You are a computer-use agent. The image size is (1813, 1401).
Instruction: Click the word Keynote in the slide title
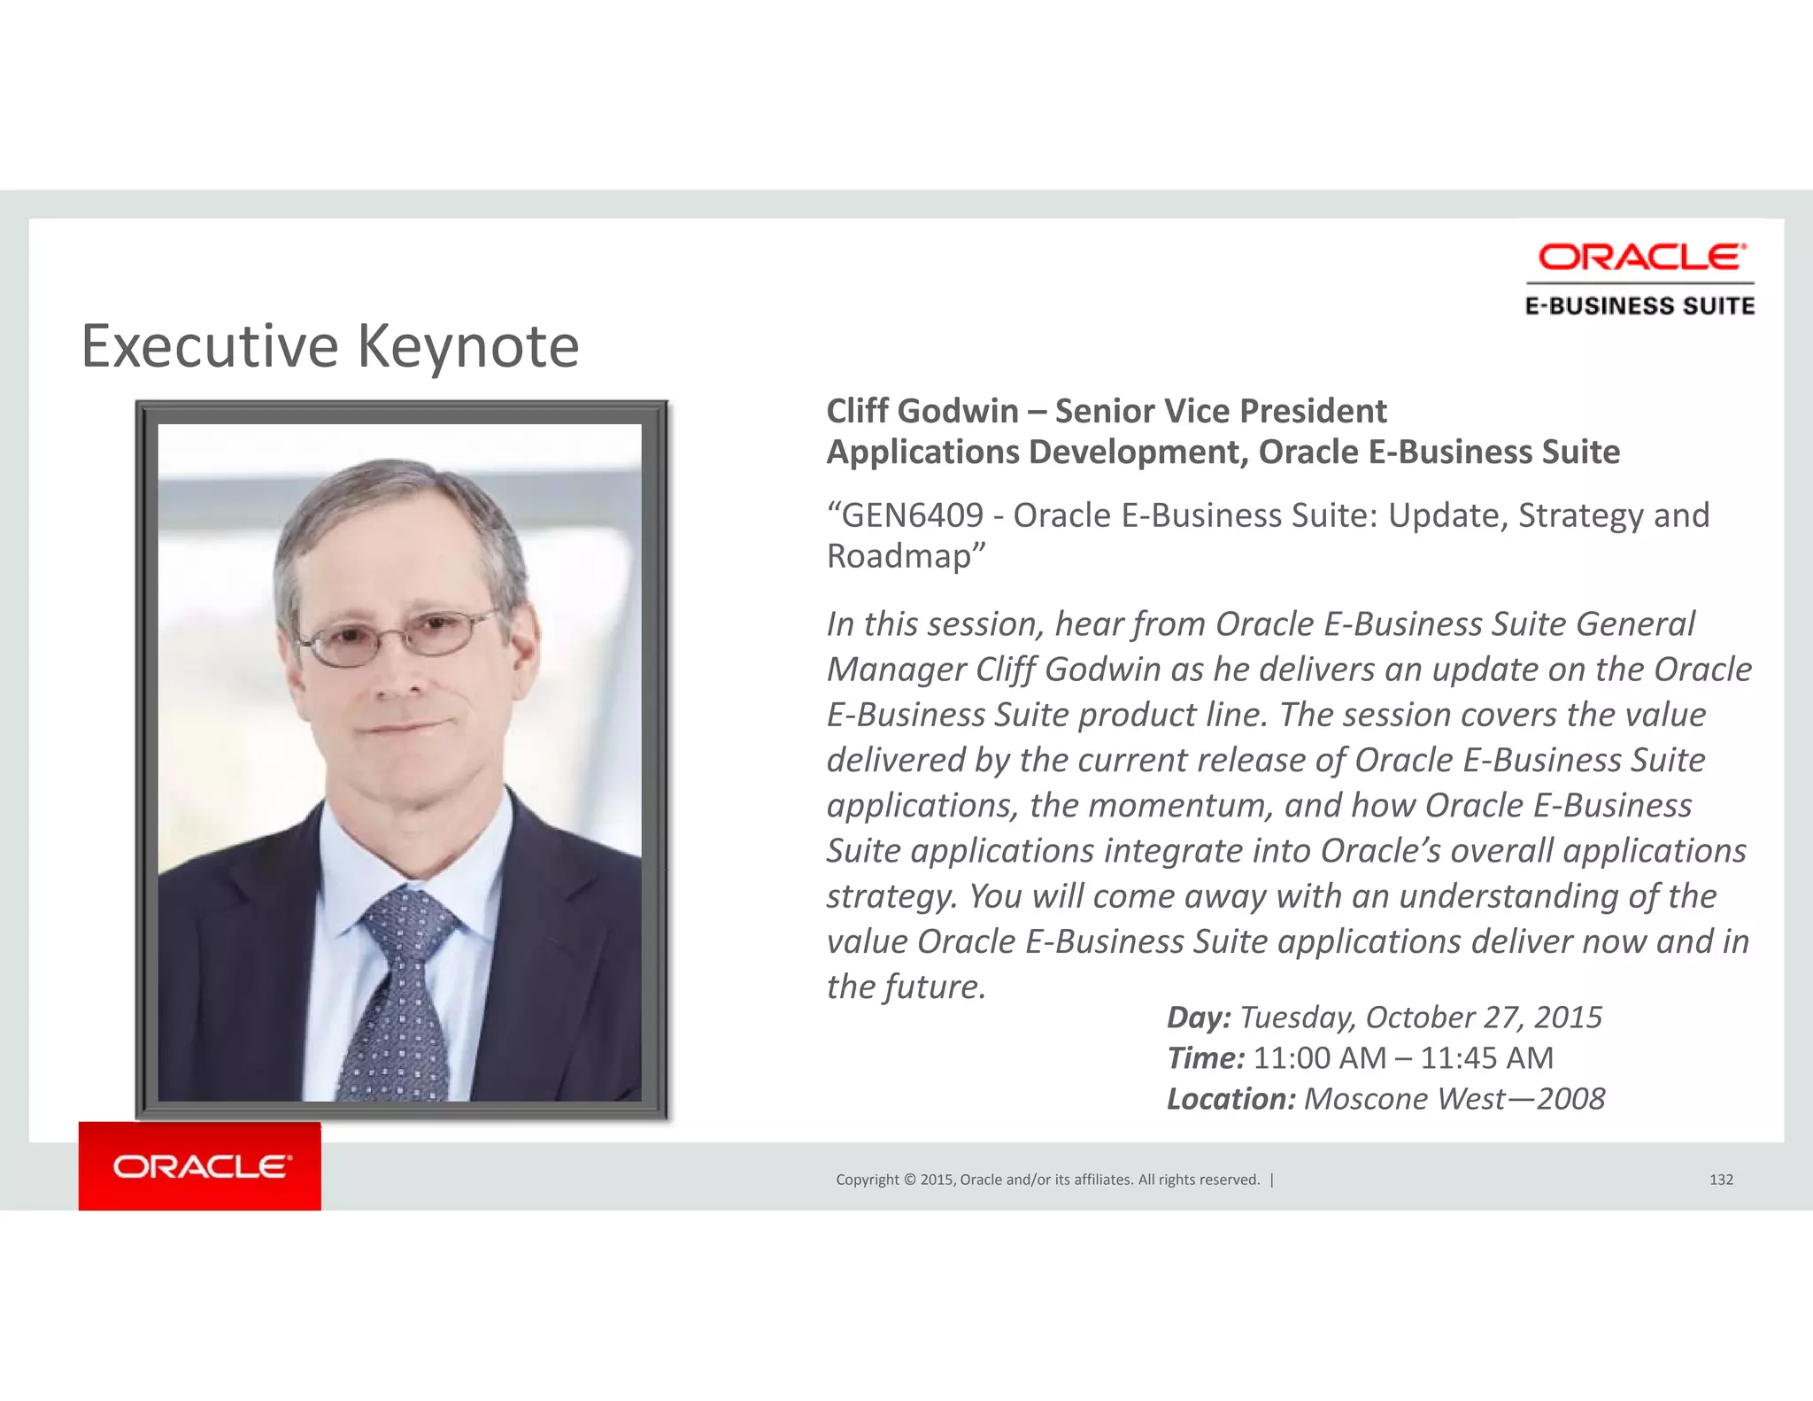point(468,346)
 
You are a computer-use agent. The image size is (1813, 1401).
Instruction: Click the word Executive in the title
point(210,346)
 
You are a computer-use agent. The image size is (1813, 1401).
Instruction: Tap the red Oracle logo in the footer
point(200,1166)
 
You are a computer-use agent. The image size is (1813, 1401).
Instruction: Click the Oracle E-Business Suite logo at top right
point(1640,278)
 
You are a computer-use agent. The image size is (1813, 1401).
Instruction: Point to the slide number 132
point(1721,1180)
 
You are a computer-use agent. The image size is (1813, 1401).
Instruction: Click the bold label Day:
point(1198,1018)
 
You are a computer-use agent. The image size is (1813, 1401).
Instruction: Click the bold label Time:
point(1205,1058)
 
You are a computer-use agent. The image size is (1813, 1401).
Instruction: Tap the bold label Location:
point(1231,1099)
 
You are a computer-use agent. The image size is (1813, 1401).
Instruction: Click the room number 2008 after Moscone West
point(1570,1099)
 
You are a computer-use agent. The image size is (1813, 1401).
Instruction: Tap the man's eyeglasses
point(398,636)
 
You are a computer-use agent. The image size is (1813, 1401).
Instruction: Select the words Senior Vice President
point(1221,411)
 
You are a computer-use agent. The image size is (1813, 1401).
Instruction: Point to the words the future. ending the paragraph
point(906,987)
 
